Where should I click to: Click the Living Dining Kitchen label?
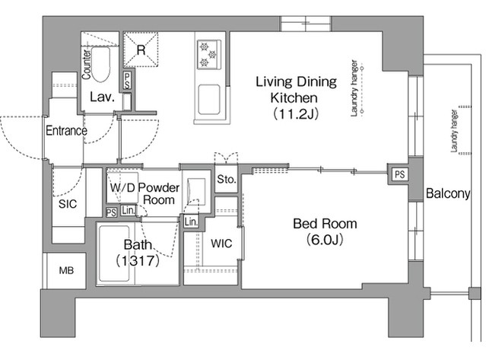(x=296, y=97)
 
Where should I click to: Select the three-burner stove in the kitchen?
(x=209, y=55)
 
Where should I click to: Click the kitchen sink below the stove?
(x=209, y=100)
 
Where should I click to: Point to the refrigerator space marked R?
(x=141, y=49)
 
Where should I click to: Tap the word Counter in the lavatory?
(x=86, y=64)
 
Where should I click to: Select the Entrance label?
(x=66, y=131)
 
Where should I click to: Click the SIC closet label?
(x=68, y=204)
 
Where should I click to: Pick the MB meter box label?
(x=66, y=270)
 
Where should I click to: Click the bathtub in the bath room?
(x=114, y=253)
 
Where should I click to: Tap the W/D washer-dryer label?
(x=122, y=187)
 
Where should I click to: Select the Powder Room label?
(x=159, y=193)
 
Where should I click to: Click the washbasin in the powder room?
(x=196, y=192)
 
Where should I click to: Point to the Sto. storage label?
(x=227, y=179)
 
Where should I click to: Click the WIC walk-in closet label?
(x=221, y=244)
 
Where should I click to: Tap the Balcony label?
(x=448, y=193)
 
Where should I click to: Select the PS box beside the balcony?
(x=400, y=174)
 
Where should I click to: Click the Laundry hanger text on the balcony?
(x=454, y=131)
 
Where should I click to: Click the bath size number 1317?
(x=138, y=261)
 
